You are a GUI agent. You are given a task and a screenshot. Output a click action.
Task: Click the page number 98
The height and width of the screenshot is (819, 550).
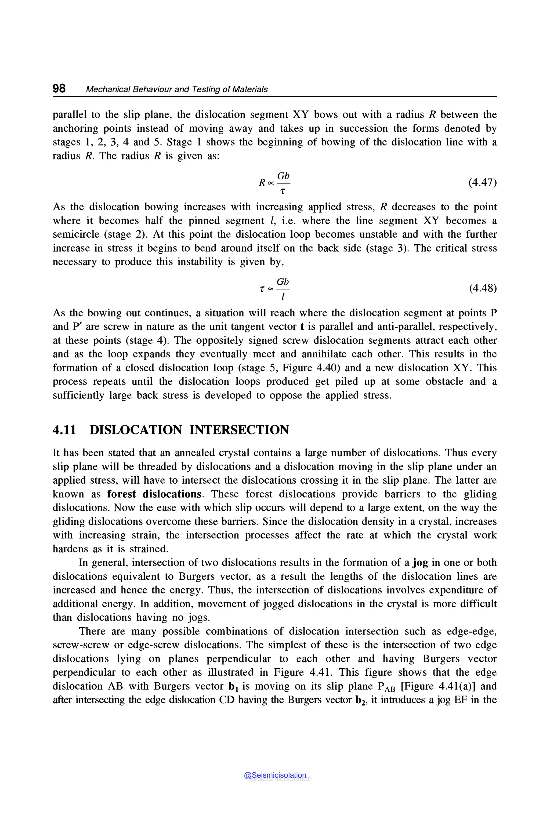(59, 88)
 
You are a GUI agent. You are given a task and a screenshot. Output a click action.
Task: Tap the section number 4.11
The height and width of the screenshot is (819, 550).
(64, 430)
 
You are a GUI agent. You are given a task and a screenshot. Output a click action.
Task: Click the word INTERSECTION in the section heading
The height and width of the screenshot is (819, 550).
(239, 430)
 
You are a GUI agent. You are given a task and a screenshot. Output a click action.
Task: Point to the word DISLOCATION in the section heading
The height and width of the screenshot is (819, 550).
(136, 430)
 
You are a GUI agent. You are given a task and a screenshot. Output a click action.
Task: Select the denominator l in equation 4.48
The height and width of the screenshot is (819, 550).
(283, 297)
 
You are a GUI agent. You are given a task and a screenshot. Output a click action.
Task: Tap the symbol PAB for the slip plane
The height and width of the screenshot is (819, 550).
(386, 687)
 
